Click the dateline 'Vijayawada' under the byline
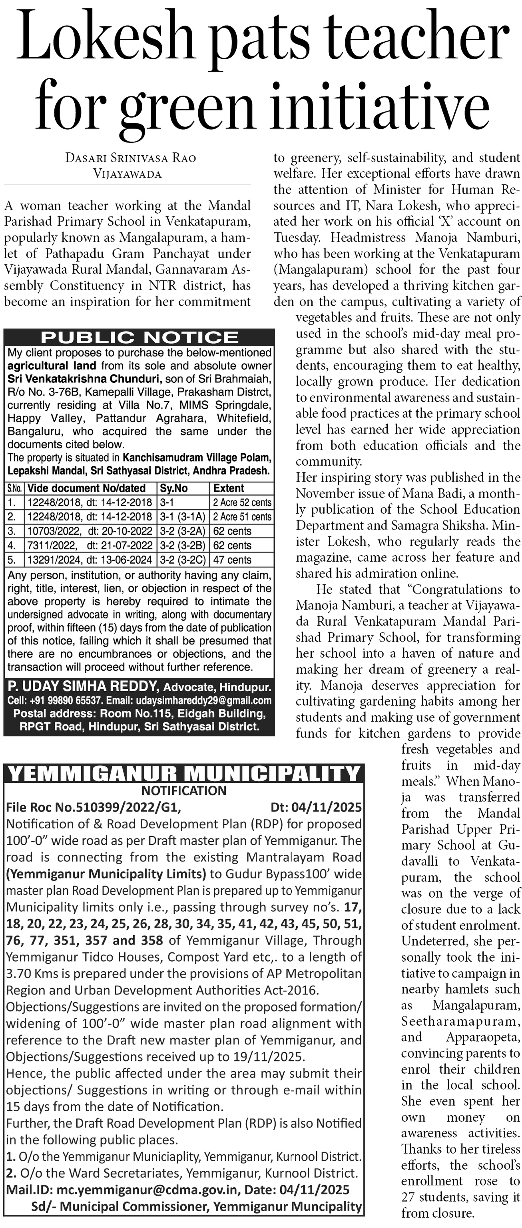[x=128, y=174]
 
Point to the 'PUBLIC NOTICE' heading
[x=139, y=338]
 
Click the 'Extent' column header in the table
[x=229, y=488]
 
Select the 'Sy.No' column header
[x=174, y=488]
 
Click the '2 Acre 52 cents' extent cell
[x=242, y=502]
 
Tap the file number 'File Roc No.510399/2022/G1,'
[x=94, y=808]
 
